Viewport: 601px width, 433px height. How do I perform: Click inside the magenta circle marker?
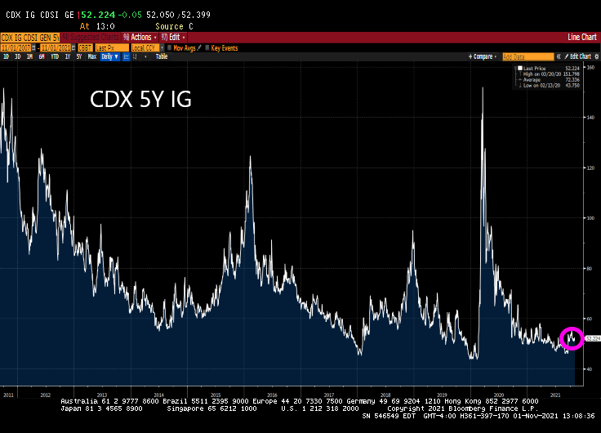pos(572,337)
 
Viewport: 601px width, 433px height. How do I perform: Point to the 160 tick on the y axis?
pos(590,67)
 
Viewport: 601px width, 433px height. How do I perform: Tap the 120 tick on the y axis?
pos(590,167)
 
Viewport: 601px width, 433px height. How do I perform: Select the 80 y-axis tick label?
pos(590,268)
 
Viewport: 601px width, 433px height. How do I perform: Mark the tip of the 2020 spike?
pos(483,87)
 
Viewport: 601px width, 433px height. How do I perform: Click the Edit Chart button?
pos(572,56)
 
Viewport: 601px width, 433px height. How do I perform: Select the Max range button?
pos(92,56)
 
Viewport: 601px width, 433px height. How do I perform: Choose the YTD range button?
pos(55,56)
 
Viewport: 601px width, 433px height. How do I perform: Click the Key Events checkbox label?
pos(224,47)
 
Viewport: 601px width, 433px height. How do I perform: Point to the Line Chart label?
pos(582,37)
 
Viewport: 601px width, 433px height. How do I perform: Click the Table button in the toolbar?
pos(161,56)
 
